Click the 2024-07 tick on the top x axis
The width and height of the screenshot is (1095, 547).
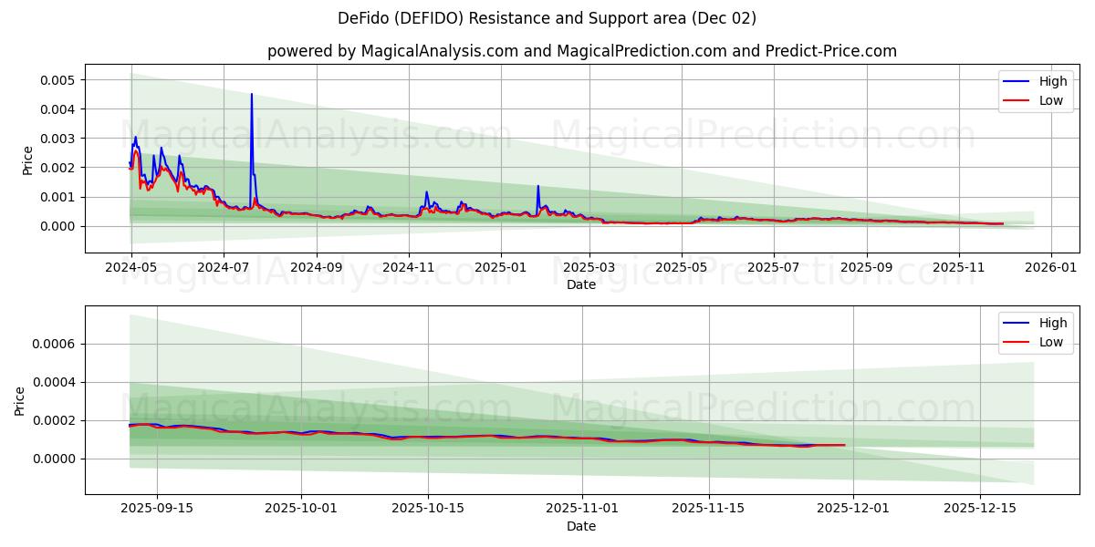click(x=224, y=267)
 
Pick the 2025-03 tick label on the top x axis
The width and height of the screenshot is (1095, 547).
click(x=589, y=267)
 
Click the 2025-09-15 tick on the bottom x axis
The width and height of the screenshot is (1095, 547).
click(x=157, y=508)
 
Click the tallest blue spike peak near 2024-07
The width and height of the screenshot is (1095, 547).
click(x=252, y=94)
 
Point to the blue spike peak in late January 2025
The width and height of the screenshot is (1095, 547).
click(x=537, y=186)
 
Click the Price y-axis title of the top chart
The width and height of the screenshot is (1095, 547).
click(x=27, y=160)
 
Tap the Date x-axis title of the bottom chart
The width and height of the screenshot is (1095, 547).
click(x=581, y=526)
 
